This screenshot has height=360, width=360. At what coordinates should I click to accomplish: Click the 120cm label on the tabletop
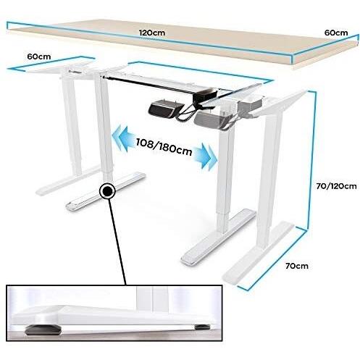coord(152,33)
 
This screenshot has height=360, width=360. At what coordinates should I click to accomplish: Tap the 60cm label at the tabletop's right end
coord(336,33)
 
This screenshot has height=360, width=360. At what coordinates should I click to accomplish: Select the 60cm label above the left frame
coord(39,56)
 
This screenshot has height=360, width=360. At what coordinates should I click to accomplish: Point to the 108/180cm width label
coord(164,146)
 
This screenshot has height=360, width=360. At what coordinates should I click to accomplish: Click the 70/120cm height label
coord(336,186)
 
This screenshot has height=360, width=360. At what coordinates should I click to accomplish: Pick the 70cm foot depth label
coord(297,266)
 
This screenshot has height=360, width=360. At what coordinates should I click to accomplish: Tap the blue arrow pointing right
coord(205,156)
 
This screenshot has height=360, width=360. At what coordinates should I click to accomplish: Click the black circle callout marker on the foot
coord(107,191)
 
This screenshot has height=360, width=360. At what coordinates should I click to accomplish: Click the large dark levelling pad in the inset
coord(42,330)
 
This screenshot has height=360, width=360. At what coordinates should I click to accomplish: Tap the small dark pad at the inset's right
coord(202,327)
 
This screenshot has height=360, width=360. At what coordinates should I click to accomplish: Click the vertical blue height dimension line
coord(311,159)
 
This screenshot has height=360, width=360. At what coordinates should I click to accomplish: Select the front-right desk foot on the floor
coord(219,237)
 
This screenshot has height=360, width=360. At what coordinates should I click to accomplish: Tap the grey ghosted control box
coord(210,119)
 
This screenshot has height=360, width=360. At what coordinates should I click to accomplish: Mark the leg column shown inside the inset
coord(152,299)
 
